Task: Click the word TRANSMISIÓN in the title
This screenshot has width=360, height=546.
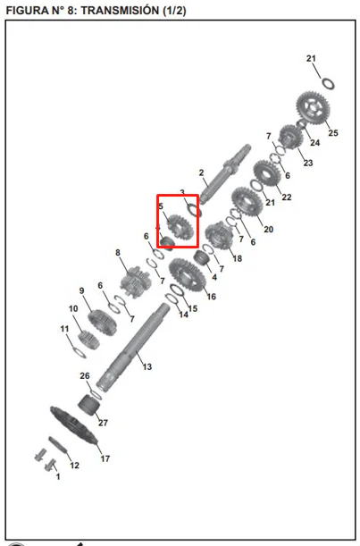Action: (x=120, y=10)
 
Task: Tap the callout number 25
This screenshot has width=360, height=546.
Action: (x=333, y=132)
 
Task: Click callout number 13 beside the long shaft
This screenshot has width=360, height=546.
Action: (x=147, y=366)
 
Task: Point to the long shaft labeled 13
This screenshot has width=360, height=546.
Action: (x=132, y=348)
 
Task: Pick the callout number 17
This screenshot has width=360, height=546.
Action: (x=105, y=458)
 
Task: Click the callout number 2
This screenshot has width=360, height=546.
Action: (x=201, y=172)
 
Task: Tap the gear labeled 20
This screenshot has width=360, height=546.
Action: (x=247, y=202)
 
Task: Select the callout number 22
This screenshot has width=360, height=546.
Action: (x=286, y=197)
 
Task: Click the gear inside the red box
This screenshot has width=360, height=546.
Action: (x=180, y=227)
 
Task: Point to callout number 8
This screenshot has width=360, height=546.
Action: (x=118, y=253)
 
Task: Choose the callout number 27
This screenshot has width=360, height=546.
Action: (x=103, y=423)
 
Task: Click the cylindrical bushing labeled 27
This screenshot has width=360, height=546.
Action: (x=88, y=406)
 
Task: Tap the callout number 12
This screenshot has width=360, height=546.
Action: (x=74, y=466)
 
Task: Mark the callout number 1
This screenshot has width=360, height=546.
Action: (x=58, y=476)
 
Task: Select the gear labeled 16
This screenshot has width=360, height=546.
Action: (x=187, y=275)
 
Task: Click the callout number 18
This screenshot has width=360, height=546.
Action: (x=237, y=258)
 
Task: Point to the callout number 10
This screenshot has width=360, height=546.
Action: (x=73, y=308)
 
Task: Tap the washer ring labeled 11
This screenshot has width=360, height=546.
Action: (x=79, y=352)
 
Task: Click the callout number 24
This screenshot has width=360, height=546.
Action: (x=314, y=142)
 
